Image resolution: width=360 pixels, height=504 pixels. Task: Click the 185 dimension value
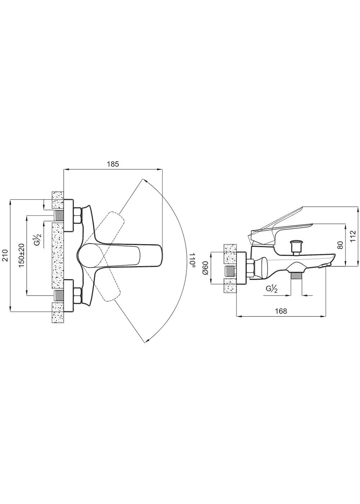click(113, 164)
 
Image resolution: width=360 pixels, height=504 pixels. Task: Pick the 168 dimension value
click(281, 311)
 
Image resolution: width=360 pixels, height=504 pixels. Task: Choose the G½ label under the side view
click(271, 289)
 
